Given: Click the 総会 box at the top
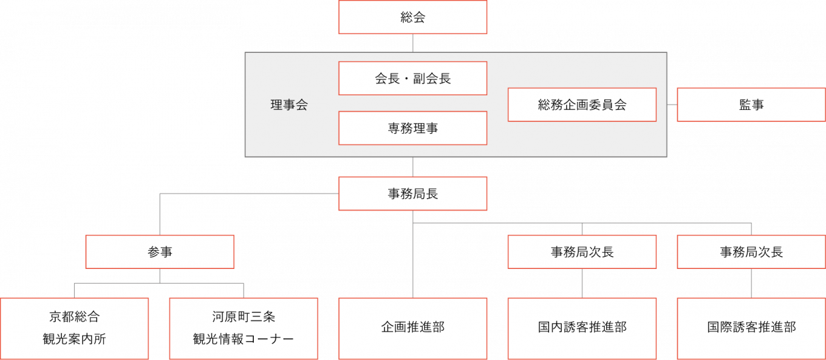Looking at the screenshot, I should click(x=412, y=17).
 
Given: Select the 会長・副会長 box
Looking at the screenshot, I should click(x=412, y=78).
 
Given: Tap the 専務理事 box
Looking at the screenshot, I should click(x=412, y=128).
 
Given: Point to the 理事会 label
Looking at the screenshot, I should click(x=289, y=105).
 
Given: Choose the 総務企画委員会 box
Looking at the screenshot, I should click(x=582, y=105).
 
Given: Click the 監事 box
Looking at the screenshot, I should click(x=751, y=105).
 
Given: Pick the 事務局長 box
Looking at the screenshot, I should click(x=412, y=194).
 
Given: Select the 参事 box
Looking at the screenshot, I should click(x=160, y=252).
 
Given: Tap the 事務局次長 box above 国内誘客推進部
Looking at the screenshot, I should click(x=582, y=252).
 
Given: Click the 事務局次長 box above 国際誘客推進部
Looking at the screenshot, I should click(x=751, y=252).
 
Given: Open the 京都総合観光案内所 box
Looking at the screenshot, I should click(x=74, y=328).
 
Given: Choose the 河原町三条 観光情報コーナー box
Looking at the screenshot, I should click(x=244, y=328).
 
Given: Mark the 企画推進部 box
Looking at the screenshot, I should click(x=412, y=328).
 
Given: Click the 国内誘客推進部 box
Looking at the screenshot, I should click(x=582, y=328).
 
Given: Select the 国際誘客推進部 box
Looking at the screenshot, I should click(x=751, y=328).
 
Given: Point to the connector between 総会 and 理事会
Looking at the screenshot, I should click(x=412, y=43).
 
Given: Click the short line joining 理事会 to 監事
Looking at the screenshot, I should click(x=672, y=105).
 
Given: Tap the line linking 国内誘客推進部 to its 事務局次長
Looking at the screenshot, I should click(x=582, y=283).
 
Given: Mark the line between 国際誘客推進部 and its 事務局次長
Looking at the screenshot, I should click(x=751, y=283).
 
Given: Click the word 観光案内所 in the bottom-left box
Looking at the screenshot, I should click(x=74, y=339).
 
